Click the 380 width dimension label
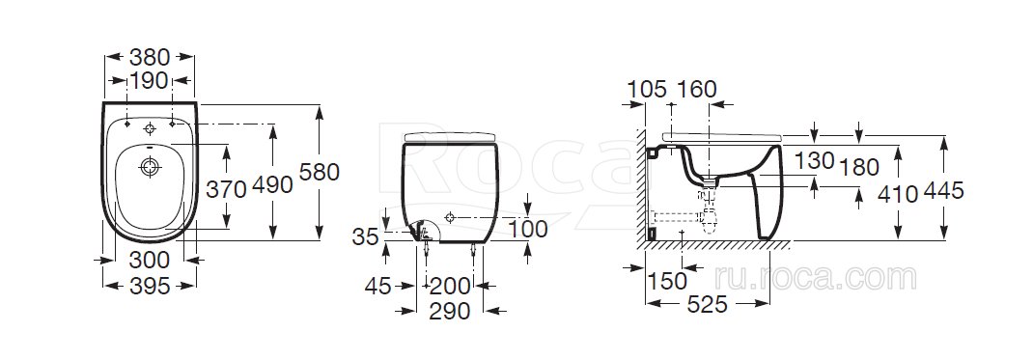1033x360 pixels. [x=151, y=57]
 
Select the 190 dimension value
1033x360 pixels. [x=149, y=82]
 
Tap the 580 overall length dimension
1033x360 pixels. [x=320, y=172]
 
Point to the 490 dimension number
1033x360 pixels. [x=273, y=185]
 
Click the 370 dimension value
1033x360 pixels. [x=226, y=189]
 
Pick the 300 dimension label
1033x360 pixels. [x=149, y=260]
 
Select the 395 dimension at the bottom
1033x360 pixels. [x=149, y=286]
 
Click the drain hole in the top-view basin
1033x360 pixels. [x=150, y=167]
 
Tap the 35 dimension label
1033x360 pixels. [x=366, y=236]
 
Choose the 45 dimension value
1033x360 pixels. [x=377, y=287]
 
